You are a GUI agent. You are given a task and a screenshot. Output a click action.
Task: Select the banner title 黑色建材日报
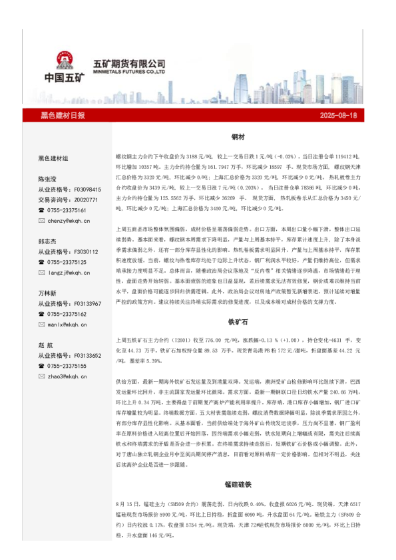point(63,115)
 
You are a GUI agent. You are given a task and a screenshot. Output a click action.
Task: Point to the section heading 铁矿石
point(238,321)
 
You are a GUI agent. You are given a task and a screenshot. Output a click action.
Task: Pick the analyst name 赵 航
point(47,345)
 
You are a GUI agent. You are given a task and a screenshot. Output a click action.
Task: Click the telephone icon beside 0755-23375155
point(41,366)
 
